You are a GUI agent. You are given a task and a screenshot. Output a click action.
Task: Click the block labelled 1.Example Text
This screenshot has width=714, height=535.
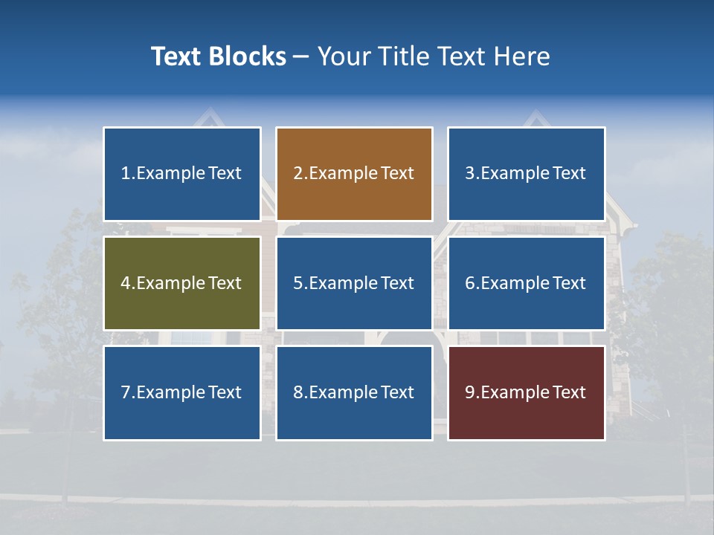(x=182, y=174)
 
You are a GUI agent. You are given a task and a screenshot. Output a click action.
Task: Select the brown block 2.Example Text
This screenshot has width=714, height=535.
(x=354, y=174)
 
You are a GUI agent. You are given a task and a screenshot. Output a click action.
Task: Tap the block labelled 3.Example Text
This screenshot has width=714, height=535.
(x=526, y=174)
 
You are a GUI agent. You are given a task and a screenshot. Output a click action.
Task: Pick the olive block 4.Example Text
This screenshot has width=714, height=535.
(x=182, y=283)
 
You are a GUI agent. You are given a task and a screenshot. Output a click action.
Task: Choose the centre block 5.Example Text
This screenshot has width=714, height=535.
(x=354, y=283)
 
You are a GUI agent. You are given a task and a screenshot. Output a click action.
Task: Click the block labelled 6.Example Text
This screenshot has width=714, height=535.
(x=526, y=283)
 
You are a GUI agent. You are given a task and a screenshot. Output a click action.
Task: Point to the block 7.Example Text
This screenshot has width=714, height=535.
(x=182, y=392)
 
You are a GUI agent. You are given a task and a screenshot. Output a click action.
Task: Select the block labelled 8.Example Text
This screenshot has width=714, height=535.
(x=354, y=392)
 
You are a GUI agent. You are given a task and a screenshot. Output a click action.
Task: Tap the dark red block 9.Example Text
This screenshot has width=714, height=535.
(x=526, y=392)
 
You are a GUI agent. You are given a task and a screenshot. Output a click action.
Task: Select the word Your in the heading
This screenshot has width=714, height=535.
(x=344, y=56)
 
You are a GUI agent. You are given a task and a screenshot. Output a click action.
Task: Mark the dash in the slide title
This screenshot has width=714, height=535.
(x=301, y=56)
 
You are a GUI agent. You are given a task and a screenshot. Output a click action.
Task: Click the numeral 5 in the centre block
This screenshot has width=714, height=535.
(x=297, y=283)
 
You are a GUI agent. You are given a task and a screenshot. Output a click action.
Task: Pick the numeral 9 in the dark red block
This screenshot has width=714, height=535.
(x=469, y=392)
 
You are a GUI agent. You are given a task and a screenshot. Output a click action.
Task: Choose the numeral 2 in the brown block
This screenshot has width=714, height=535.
(x=297, y=174)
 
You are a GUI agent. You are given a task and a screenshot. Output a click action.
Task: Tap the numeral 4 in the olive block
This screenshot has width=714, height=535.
(x=126, y=283)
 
